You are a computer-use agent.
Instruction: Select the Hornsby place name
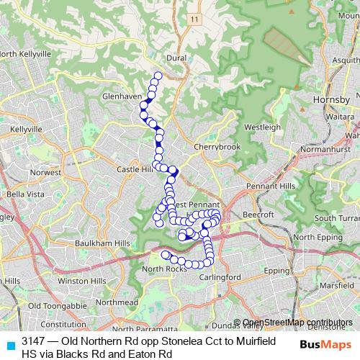[332, 99]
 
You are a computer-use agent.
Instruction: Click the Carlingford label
[220, 277]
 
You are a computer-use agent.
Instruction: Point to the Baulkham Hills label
[102, 244]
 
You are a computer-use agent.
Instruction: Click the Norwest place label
[45, 173]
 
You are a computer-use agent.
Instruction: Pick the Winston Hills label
[82, 280]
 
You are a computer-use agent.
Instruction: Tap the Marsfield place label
[337, 286]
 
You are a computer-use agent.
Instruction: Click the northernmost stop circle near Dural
[158, 76]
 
